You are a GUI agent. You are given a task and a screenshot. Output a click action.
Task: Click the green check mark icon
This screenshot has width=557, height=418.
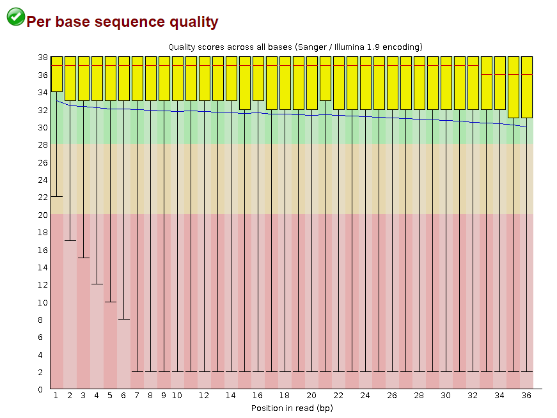pos(16,17)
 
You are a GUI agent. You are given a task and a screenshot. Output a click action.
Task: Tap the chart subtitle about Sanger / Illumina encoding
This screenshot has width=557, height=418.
pos(295,47)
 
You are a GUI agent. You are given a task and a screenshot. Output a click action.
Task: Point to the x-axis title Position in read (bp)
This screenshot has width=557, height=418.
pos(292,408)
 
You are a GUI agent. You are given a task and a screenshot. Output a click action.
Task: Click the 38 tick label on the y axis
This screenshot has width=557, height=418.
pos(42,57)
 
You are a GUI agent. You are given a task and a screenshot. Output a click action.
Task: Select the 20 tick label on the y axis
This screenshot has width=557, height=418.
pos(42,215)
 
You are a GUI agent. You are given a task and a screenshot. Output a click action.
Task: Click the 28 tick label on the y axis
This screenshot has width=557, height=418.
pos(42,144)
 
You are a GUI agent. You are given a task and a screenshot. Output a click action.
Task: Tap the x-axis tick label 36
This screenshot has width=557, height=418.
pos(526,396)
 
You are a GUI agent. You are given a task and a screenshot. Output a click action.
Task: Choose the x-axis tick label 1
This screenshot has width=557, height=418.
pos(56,396)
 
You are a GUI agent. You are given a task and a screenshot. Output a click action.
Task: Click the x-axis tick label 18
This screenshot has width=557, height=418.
pos(285,396)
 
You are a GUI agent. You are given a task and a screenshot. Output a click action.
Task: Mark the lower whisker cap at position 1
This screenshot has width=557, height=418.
pos(57,197)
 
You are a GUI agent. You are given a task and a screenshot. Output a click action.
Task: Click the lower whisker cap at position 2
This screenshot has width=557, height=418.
pos(70,241)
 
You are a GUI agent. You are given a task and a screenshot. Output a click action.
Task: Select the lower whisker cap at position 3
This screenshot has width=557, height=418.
pos(84,258)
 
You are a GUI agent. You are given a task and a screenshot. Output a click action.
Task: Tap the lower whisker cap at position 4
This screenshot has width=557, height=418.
pos(97,284)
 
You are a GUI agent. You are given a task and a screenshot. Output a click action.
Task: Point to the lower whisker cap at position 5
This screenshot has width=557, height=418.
pos(111,302)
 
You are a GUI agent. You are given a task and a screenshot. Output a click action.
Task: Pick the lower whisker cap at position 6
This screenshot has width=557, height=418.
pos(124,319)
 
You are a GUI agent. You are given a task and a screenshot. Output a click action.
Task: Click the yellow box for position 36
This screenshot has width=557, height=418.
pos(527,87)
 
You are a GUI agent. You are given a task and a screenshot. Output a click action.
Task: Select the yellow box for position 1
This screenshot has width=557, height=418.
pos(57,74)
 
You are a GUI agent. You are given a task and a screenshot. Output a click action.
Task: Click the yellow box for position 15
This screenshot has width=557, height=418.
pos(245,83)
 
